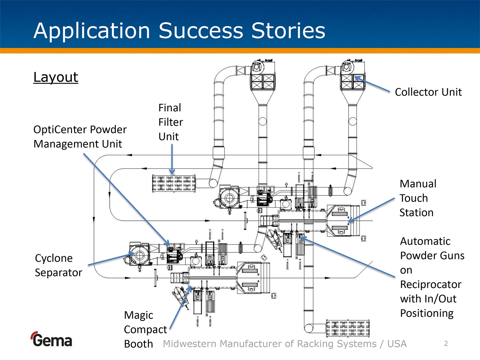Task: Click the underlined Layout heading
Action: pos(56,77)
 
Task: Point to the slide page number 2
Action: pos(446,344)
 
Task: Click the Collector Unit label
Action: pos(428,92)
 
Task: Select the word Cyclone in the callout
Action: pos(54,258)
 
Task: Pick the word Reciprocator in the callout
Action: pos(431,285)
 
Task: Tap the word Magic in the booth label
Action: pos(139,315)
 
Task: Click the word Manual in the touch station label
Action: pos(418,184)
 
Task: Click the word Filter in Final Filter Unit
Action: pos(171,122)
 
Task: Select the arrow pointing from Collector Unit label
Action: pos(372,84)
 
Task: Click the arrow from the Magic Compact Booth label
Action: pos(180,307)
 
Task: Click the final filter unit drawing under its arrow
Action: pos(174,183)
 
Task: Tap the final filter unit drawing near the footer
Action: pos(348,328)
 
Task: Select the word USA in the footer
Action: pos(397,344)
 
